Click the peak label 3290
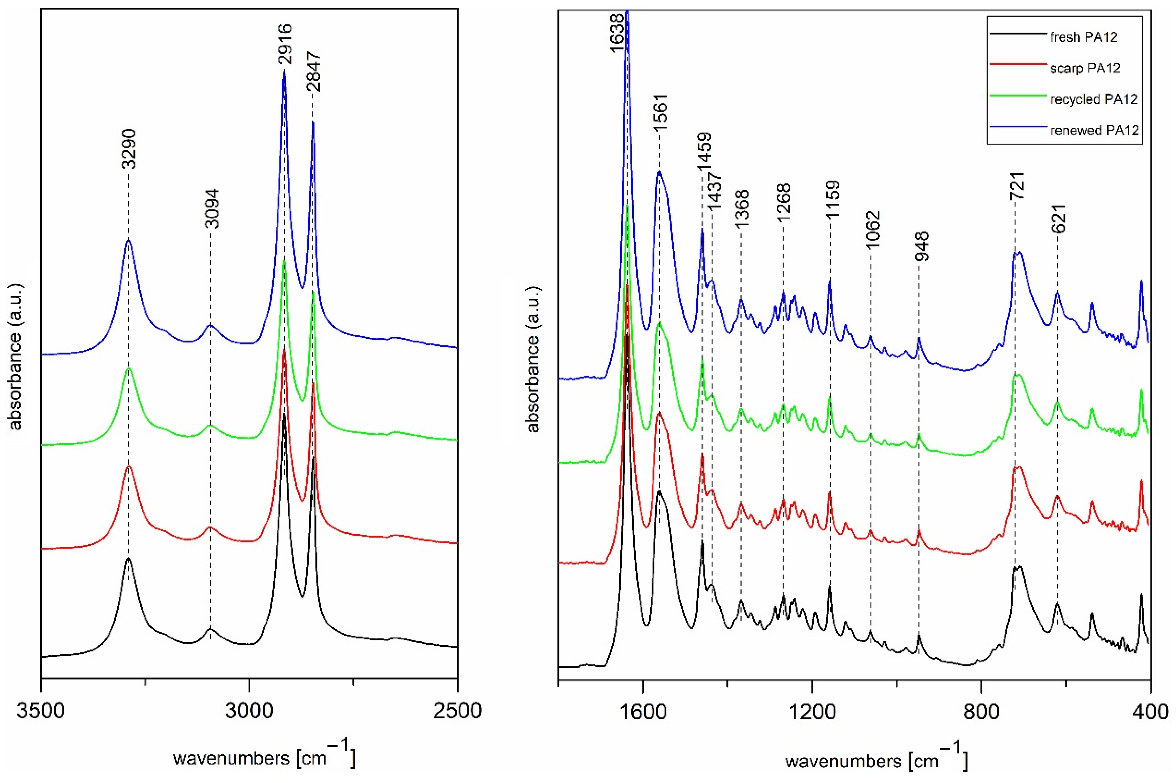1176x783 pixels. [x=129, y=149]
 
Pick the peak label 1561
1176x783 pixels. [x=661, y=113]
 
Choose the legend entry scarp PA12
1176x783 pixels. [x=1085, y=68]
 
